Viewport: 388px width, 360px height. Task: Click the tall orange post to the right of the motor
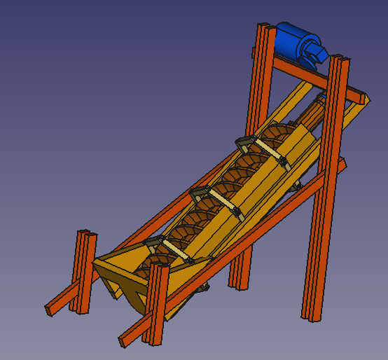point(328,182)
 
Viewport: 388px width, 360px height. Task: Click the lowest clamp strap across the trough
point(171,249)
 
